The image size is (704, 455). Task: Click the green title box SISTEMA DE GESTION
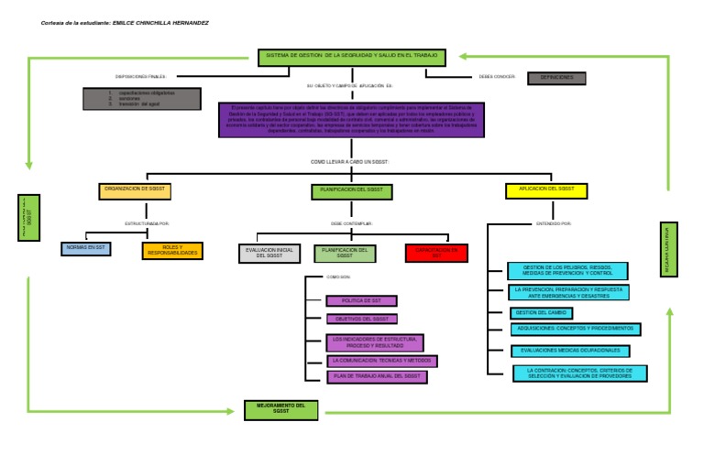coord(352,58)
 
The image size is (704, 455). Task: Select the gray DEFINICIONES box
coord(556,78)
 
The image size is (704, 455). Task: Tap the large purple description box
coord(351,120)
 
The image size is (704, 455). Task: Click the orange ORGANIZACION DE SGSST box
coord(135,190)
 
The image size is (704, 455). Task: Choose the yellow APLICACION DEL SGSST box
coord(546,190)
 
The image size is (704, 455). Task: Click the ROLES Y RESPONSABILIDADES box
coord(172,250)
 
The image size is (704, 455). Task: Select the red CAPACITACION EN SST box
coord(436,253)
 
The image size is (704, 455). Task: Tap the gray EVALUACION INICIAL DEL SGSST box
coord(269,253)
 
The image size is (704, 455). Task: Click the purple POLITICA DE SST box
coord(361,300)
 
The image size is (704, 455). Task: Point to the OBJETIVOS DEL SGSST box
coord(361,319)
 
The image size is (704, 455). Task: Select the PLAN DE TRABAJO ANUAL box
coord(377,376)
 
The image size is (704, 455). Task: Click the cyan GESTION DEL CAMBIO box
coord(542,313)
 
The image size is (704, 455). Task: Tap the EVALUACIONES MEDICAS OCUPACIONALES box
coord(571,351)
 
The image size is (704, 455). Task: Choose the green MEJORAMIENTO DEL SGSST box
coord(281,409)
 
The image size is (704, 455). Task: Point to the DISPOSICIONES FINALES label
coord(140,77)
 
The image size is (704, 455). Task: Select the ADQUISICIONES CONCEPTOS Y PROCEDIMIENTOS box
coord(576,329)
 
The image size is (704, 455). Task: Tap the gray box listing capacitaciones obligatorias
coord(141,98)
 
